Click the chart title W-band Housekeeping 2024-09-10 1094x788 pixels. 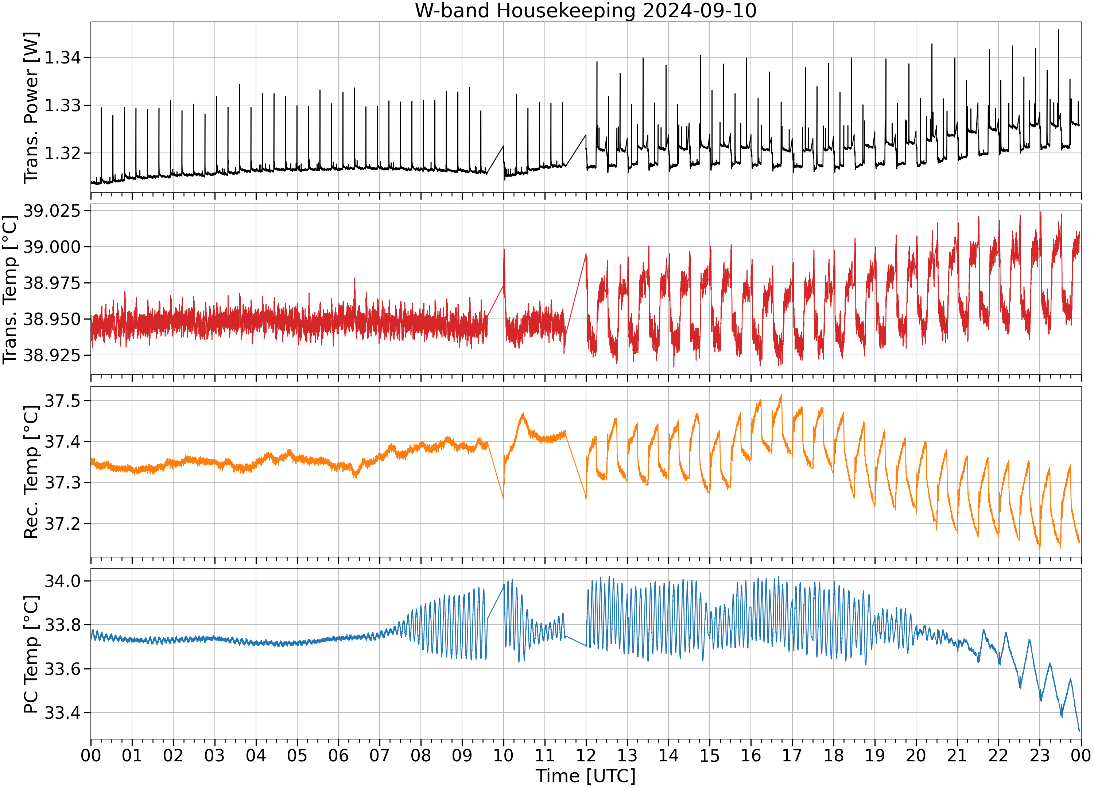coord(586,10)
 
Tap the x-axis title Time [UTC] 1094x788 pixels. coord(586,776)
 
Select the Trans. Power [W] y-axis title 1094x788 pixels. coord(31,108)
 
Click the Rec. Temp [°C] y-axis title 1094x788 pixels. coord(31,472)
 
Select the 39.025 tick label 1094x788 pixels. coord(52,211)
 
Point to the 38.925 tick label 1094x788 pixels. coord(52,355)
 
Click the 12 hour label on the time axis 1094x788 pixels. coord(586,755)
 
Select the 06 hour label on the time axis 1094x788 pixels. coord(338,755)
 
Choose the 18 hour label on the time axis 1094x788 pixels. coord(834,755)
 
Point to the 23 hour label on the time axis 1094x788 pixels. coord(1040,755)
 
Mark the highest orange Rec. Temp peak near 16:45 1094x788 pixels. coord(781,395)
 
